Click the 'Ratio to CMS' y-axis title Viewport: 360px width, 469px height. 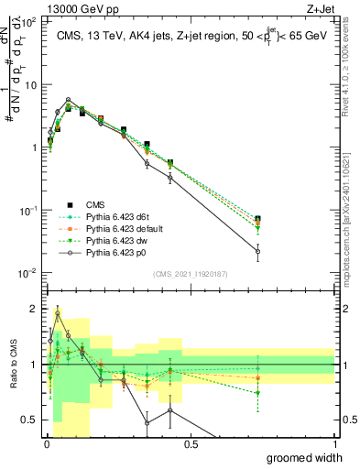coord(12,365)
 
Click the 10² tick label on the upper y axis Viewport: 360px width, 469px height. coord(29,22)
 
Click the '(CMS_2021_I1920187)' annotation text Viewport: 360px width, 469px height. coord(191,272)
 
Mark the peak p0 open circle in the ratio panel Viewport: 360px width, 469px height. coord(59,313)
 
